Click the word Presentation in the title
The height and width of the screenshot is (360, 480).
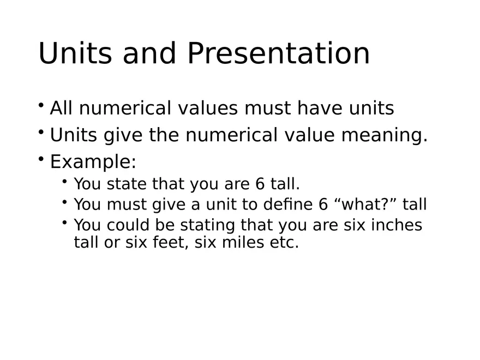[x=278, y=54]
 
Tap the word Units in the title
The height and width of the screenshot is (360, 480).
[x=76, y=54]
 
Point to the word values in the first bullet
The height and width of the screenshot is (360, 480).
[x=208, y=109]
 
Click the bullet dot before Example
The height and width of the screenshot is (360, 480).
[x=41, y=159]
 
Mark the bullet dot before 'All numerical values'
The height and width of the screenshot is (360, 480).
[x=41, y=105]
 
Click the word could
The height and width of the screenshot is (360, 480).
[x=126, y=225]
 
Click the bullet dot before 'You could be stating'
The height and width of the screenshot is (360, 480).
[x=64, y=221]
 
